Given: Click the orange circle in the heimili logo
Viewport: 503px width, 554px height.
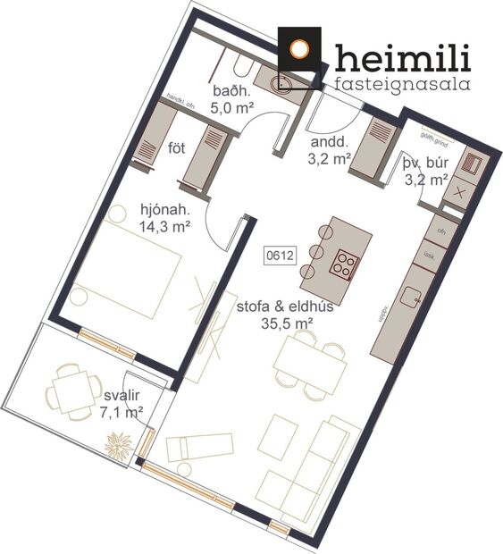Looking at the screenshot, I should coord(301,49).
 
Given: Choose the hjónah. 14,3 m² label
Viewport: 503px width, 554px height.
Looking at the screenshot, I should coord(165,218).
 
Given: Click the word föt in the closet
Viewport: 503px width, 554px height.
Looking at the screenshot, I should coord(177,147).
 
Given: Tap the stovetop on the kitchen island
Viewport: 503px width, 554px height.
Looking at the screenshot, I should coord(344,262).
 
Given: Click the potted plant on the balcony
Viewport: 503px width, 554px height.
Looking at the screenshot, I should coord(120,445).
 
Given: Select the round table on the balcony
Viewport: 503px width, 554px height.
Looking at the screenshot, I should coord(75,390).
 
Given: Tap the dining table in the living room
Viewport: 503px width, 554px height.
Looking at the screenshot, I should coord(309,361).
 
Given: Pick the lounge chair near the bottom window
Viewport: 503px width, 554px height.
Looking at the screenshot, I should coord(199,447).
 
